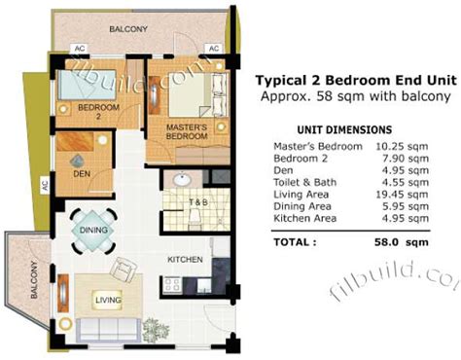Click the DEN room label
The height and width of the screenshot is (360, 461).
pos(82,174)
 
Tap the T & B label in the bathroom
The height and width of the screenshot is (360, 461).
pos(198,202)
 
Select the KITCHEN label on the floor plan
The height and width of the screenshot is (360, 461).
pos(185,260)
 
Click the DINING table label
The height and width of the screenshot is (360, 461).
pos(93,231)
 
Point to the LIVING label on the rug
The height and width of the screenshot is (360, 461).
pos(108,300)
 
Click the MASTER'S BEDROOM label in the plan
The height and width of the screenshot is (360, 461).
pos(187,131)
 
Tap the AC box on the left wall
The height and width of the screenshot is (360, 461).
pos(45,185)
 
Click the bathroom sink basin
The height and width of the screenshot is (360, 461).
pos(182,179)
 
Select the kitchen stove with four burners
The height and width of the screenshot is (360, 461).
pos(171,285)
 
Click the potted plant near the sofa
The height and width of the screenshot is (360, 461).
pos(156,330)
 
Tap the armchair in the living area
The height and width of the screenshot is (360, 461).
pos(124,270)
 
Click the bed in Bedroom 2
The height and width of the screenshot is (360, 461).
pos(87,85)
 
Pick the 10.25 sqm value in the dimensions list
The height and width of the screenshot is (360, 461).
pos(402,147)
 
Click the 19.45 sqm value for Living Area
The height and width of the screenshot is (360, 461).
pos(402,195)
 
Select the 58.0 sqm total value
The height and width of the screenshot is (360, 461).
pos(402,242)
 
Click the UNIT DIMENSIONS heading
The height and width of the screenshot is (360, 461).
pos(344,130)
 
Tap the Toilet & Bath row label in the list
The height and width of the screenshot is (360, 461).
pos(305,182)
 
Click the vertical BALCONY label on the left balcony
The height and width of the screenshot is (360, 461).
pos(34,280)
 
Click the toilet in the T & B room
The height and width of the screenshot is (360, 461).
pos(195,217)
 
